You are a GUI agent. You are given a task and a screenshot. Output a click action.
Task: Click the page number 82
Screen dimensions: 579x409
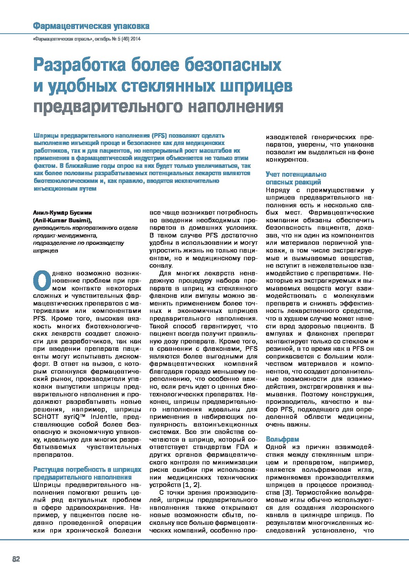coord(16,559)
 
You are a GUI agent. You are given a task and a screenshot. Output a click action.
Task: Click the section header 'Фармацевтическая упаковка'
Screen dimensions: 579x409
coord(91,26)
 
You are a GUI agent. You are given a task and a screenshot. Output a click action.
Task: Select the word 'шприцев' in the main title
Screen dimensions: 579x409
coord(256,86)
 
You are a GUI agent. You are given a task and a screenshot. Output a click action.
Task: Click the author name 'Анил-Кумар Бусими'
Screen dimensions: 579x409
coord(63,213)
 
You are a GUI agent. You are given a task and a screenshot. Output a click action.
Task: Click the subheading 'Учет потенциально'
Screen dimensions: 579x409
coord(296,174)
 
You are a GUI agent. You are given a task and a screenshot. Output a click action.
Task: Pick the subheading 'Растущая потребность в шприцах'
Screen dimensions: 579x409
coord(87,470)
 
